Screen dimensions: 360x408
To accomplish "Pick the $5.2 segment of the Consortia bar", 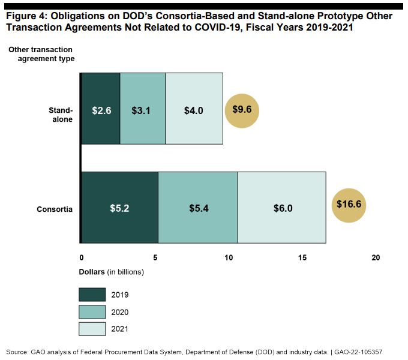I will pyautogui.click(x=119, y=208).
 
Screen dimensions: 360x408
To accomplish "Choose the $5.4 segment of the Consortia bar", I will pyautogui.click(x=197, y=208).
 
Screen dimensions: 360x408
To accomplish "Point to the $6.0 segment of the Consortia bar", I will pyautogui.click(x=282, y=208).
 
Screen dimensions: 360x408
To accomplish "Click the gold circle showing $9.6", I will pyautogui.click(x=241, y=109).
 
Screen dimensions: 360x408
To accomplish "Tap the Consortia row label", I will pyautogui.click(x=55, y=209).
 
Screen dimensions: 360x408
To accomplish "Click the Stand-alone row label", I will pyautogui.click(x=61, y=115).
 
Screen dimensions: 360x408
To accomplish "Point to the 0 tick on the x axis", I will pyautogui.click(x=81, y=257).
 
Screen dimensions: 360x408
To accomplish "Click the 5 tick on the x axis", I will pyautogui.click(x=155, y=257).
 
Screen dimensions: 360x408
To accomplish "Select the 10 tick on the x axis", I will pyautogui.click(x=229, y=257).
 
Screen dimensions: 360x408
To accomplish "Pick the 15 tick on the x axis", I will pyautogui.click(x=302, y=257).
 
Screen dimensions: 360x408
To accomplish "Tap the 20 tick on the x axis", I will pyautogui.click(x=376, y=257).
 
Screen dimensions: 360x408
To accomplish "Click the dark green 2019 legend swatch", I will pyautogui.click(x=91, y=295).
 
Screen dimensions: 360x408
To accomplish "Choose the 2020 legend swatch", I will pyautogui.click(x=91, y=312).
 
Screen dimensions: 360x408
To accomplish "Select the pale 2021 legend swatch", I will pyautogui.click(x=91, y=329).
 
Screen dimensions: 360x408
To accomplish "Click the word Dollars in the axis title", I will pyautogui.click(x=92, y=272).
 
